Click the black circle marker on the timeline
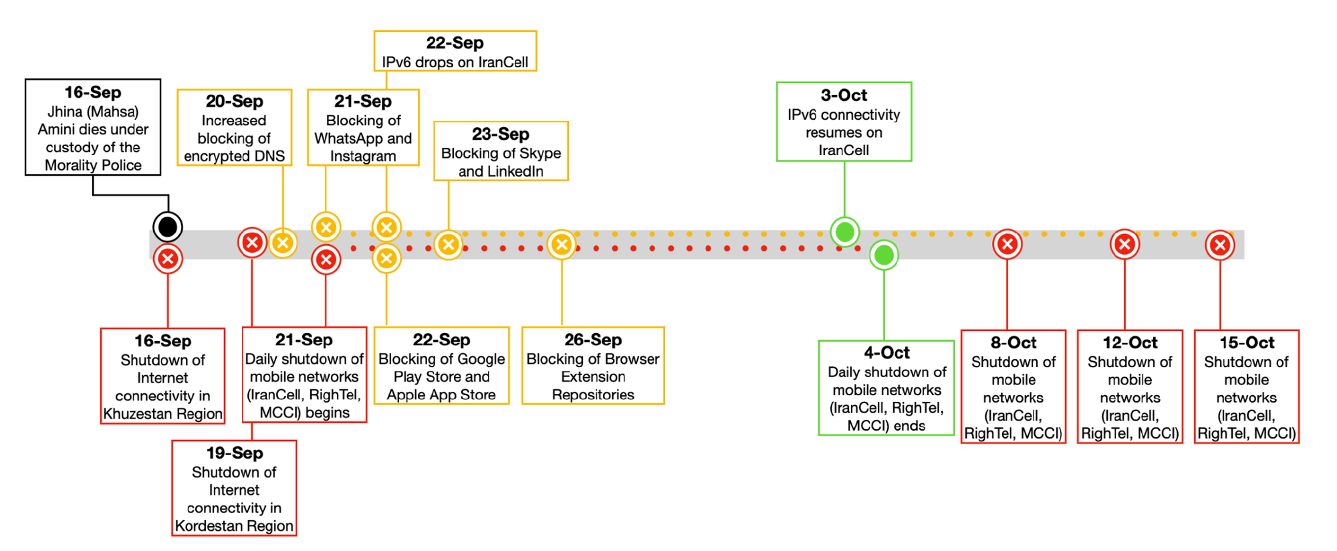pos(168,227)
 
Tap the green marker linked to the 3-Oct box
pos(845,232)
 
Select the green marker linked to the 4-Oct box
pos(884,255)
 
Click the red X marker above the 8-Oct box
pos(1007,245)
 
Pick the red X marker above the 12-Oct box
pos(1124,245)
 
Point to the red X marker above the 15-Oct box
pos(1220,245)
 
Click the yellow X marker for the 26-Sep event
pos(562,245)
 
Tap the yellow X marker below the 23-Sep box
pos(449,245)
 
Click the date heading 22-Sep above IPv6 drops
pos(455,43)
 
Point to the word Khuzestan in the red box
pos(134,414)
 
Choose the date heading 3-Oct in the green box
pos(844,96)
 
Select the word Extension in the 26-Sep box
pos(593,377)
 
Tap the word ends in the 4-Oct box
pos(910,426)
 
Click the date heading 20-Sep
pos(234,102)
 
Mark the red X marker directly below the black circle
pos(168,259)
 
